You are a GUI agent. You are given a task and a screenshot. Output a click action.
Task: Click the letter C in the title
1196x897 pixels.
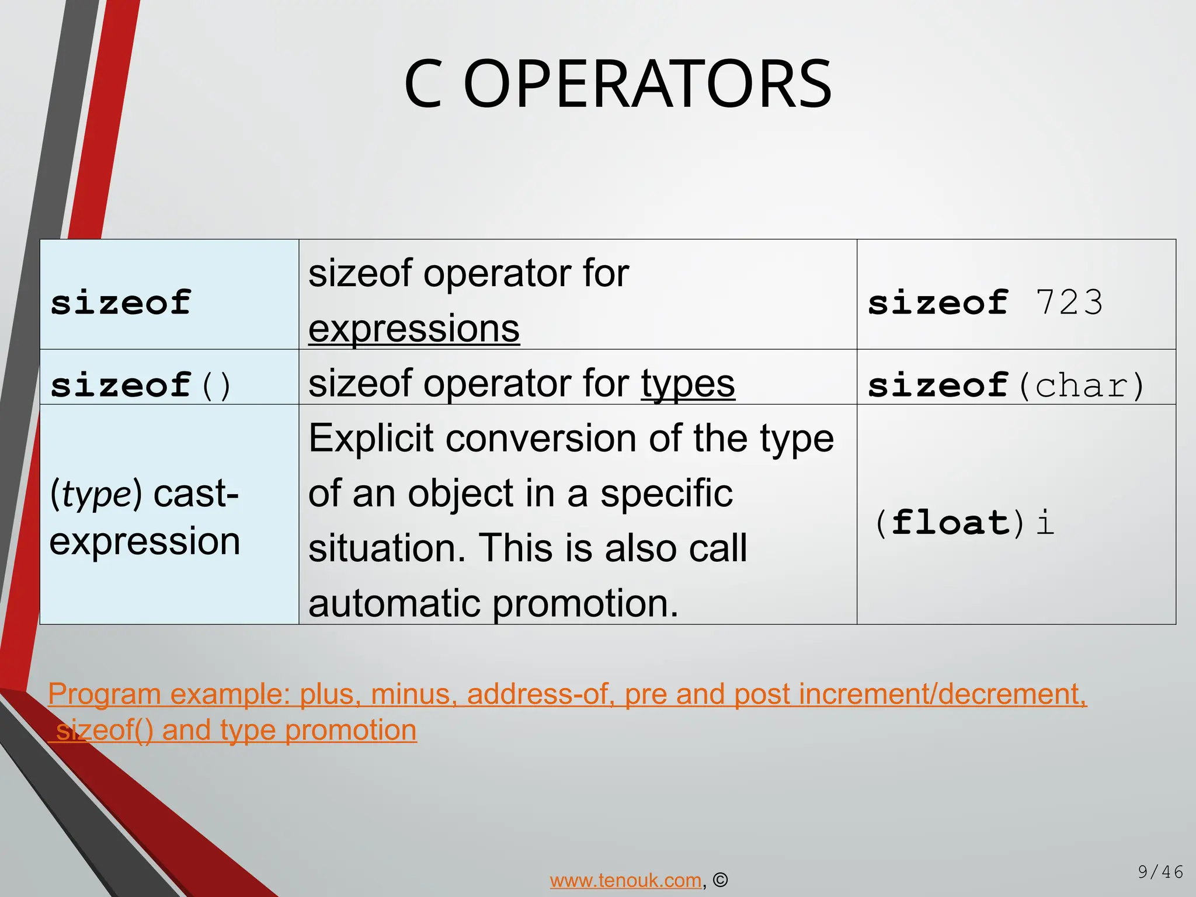[x=423, y=85]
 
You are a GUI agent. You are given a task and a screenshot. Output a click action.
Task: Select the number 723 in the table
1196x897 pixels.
[x=1069, y=303]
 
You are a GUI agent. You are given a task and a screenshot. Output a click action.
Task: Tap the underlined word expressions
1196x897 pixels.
[x=413, y=328]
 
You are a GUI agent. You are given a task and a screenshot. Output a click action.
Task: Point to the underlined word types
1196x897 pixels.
[x=688, y=384]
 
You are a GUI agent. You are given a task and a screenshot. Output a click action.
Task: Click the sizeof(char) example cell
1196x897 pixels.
[x=1006, y=385]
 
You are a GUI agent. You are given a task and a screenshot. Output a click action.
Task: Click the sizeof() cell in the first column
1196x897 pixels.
[x=141, y=385]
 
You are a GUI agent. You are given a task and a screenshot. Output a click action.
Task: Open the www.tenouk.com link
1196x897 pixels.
[x=625, y=880]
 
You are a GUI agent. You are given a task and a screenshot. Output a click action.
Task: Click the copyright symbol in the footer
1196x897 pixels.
[x=721, y=880]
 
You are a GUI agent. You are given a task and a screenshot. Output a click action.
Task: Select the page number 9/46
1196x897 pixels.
[x=1160, y=872]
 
